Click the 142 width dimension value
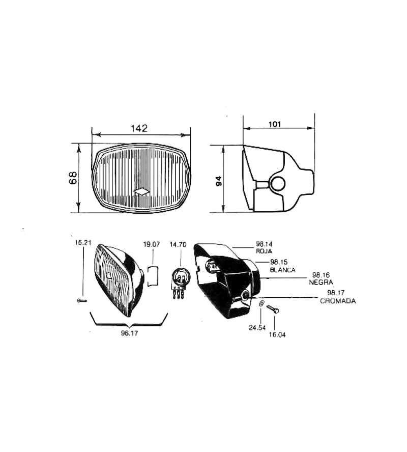coord(139,128)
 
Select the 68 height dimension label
coord(73,178)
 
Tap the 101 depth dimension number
coord(275,124)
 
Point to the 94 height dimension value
coord(219,181)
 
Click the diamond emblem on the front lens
coord(141,192)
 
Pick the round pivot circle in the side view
coord(278,184)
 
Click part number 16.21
coord(83,243)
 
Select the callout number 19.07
coord(152,244)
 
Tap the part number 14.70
coord(178,244)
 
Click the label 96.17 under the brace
coord(129,333)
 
